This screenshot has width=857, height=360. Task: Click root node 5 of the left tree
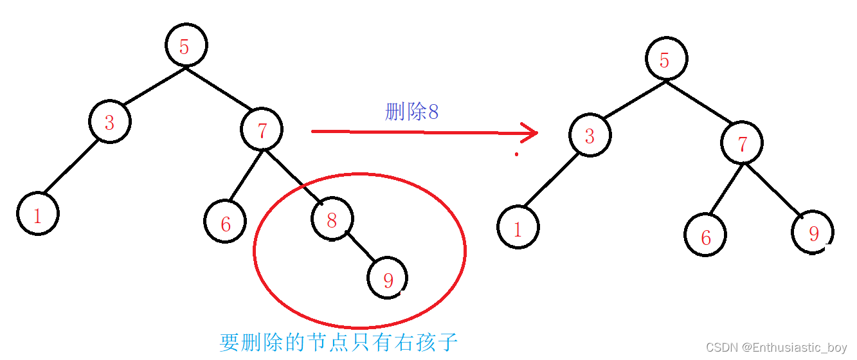pos(186,46)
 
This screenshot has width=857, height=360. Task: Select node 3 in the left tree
pos(109,122)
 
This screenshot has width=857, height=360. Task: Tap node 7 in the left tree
pos(262,130)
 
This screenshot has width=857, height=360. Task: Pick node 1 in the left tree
pos(38,215)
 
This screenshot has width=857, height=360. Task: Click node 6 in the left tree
pos(225,222)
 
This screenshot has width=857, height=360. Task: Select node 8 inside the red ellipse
pos(332,220)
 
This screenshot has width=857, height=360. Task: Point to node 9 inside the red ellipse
pos(387,278)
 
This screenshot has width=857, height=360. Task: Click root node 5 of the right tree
pos(666,59)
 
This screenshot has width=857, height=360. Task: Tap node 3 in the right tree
pos(590,135)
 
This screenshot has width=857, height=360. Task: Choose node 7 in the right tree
pos(742,143)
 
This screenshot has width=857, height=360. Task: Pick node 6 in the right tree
pos(705,236)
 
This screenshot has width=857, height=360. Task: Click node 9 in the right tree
pos(813,233)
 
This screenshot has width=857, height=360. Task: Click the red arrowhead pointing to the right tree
pos(530,133)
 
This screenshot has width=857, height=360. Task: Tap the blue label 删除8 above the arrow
pos(411,112)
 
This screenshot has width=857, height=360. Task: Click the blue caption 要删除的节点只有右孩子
pos(338,341)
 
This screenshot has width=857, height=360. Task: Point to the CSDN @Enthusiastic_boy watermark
pos(775,347)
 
